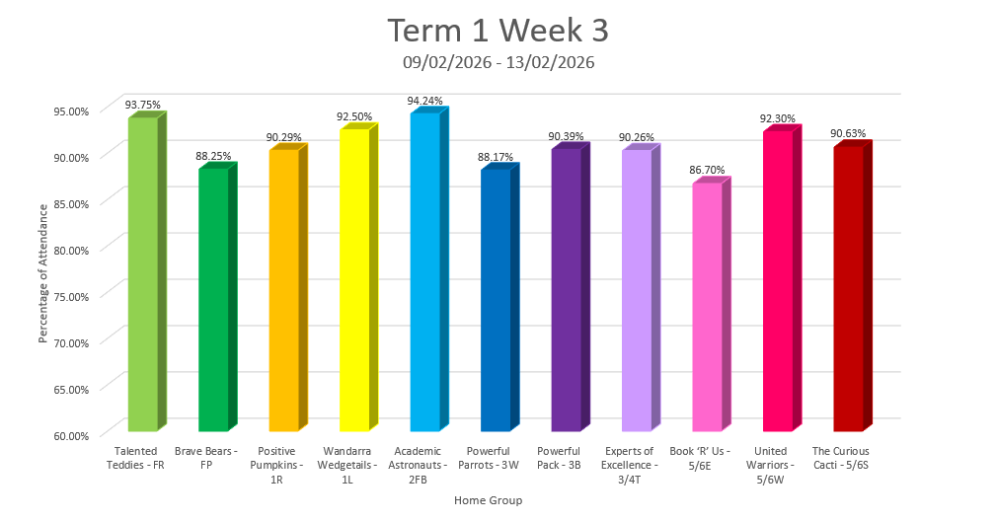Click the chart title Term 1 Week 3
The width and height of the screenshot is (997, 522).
click(x=498, y=31)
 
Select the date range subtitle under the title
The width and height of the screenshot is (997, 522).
click(x=498, y=62)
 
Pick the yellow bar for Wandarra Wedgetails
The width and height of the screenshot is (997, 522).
click(x=354, y=280)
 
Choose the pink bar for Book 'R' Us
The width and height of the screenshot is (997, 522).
click(x=707, y=307)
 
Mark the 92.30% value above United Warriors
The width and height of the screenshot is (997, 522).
click(x=777, y=118)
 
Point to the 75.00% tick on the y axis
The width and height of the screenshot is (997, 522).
click(x=69, y=296)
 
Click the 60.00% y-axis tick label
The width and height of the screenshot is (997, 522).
click(x=69, y=435)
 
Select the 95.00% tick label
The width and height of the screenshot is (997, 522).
click(x=69, y=111)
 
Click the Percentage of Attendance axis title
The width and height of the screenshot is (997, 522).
click(x=43, y=272)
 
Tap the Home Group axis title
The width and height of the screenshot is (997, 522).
click(x=488, y=500)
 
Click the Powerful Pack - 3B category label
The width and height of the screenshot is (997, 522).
click(x=566, y=457)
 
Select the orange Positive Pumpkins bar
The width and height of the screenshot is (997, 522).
click(x=283, y=290)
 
